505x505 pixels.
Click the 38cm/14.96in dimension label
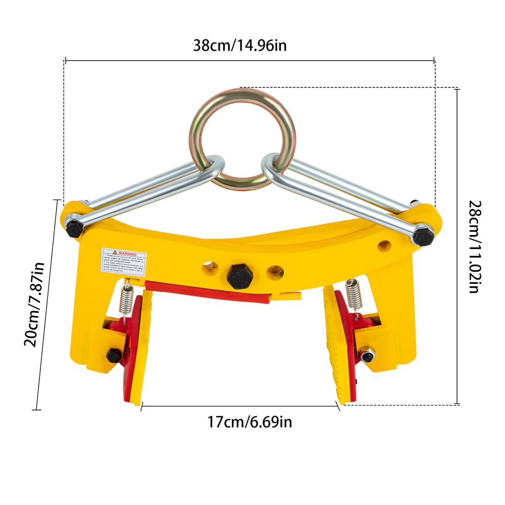(240, 45)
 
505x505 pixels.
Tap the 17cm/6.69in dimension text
(249, 422)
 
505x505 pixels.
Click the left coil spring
(127, 302)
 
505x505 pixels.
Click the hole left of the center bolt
(208, 268)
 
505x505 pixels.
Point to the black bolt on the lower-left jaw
(113, 355)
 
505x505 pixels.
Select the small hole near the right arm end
(385, 246)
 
